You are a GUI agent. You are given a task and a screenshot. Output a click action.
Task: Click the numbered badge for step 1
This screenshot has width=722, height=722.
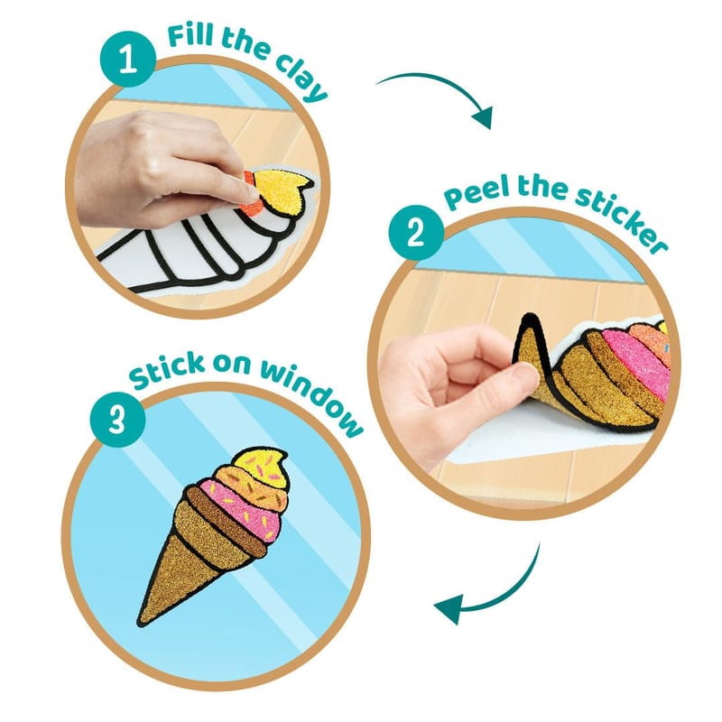tap(128, 60)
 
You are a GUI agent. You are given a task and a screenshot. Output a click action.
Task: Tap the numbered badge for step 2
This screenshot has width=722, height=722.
tap(416, 233)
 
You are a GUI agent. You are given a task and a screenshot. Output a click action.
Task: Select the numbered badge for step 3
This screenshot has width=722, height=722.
tap(117, 420)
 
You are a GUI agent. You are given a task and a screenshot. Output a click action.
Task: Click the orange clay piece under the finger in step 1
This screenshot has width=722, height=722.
tap(252, 195)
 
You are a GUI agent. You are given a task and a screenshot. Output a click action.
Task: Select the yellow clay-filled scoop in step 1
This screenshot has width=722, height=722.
tap(280, 190)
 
